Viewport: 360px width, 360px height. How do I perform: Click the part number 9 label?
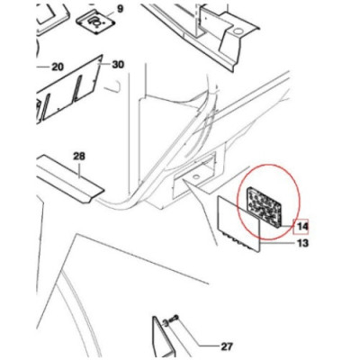coord(120,9)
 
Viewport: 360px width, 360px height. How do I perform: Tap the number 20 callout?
coord(58,67)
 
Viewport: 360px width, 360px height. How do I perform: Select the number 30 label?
coord(118,65)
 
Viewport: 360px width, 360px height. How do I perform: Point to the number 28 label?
coord(79,156)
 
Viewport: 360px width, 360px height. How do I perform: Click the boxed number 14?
coord(301,227)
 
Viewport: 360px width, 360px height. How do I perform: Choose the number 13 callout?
coord(302,243)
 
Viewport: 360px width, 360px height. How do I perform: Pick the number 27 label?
coord(227,346)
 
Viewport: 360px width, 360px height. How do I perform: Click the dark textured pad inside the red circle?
coord(264,207)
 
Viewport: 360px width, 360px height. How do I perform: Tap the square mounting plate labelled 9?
coord(95,22)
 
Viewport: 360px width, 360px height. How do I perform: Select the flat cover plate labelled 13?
coord(238,224)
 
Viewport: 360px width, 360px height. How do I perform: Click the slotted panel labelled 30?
coord(69,89)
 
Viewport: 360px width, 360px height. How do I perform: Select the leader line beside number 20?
coord(43,67)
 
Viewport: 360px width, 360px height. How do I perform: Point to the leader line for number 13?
coord(276,243)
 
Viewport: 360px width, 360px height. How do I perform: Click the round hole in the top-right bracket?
coord(238,31)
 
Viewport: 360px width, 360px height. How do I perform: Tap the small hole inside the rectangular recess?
coord(196,175)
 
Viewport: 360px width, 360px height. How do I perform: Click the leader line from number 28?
coord(79,169)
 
